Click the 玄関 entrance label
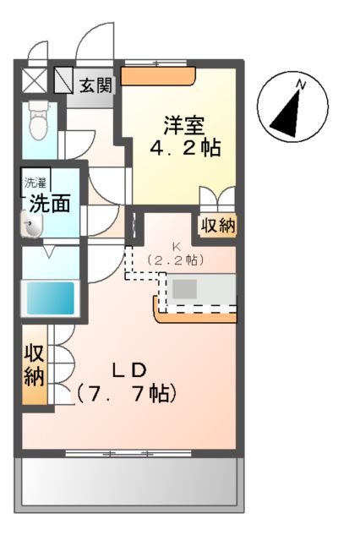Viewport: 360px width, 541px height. (x=96, y=85)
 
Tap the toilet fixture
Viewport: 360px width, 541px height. (x=38, y=122)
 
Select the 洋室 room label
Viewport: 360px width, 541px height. (x=184, y=125)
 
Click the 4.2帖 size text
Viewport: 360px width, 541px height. (x=186, y=149)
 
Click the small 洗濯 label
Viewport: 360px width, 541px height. (x=35, y=182)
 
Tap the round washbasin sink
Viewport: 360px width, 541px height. (x=31, y=226)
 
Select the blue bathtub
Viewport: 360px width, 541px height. (x=48, y=298)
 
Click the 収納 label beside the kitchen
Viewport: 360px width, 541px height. (x=218, y=226)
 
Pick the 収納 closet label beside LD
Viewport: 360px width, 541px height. (x=34, y=365)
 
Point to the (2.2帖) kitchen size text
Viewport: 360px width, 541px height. (x=177, y=261)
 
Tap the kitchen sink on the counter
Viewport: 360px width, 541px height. (x=186, y=288)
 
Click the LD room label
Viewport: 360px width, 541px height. (x=130, y=369)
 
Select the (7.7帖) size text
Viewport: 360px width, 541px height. (x=127, y=393)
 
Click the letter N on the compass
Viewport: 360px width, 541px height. (x=301, y=83)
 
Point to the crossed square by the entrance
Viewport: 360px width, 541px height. (x=35, y=81)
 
